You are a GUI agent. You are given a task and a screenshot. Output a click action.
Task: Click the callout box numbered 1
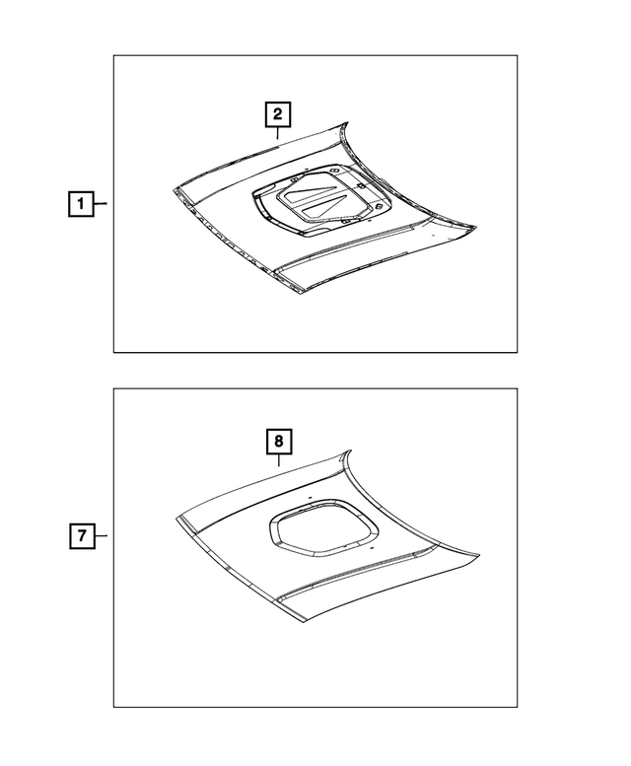click(x=81, y=205)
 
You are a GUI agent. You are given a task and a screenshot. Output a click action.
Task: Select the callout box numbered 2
click(x=278, y=114)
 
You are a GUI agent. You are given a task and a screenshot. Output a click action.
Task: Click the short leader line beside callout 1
click(x=102, y=205)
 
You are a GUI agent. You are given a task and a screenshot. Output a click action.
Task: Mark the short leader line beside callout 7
click(x=102, y=537)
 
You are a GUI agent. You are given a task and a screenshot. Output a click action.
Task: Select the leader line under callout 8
click(x=278, y=461)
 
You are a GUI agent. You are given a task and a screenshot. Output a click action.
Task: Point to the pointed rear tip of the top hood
click(x=349, y=122)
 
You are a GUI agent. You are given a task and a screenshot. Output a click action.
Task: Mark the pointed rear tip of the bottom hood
click(x=349, y=453)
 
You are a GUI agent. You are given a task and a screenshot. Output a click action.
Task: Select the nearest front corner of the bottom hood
click(x=292, y=623)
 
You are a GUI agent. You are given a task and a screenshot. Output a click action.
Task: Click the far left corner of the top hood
click(x=173, y=186)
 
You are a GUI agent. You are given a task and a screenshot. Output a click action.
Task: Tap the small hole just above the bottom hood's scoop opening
click(x=308, y=499)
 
